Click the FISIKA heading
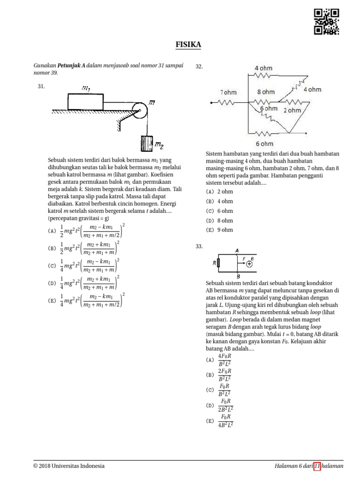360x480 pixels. click(x=188, y=45)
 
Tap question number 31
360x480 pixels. click(x=41, y=86)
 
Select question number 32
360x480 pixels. click(x=199, y=67)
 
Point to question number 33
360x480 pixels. click(x=199, y=247)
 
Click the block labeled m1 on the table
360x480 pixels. click(x=85, y=102)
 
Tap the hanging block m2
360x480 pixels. click(x=147, y=144)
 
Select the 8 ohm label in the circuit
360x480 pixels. click(x=266, y=92)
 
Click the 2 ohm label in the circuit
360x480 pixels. click(x=292, y=111)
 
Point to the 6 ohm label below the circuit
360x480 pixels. click(x=264, y=143)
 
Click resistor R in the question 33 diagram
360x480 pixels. click(x=219, y=263)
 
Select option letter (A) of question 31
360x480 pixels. click(x=52, y=231)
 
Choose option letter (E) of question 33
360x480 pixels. click(x=210, y=421)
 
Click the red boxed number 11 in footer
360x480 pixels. click(x=317, y=466)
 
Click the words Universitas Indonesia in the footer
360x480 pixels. click(x=78, y=466)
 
